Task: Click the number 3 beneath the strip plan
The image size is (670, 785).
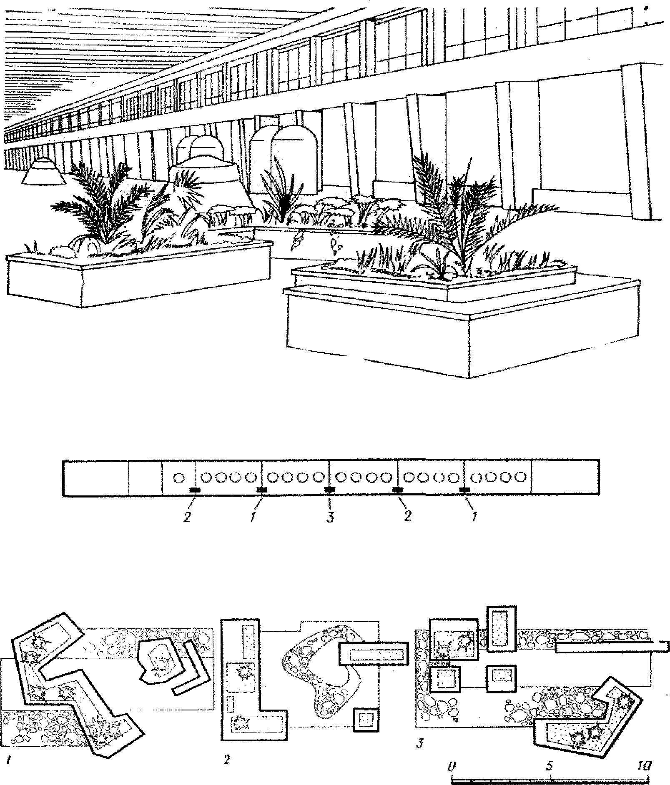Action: point(330,519)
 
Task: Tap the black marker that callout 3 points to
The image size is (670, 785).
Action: point(329,489)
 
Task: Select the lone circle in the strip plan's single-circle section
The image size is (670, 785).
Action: point(178,477)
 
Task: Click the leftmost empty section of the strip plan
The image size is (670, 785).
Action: point(95,477)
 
